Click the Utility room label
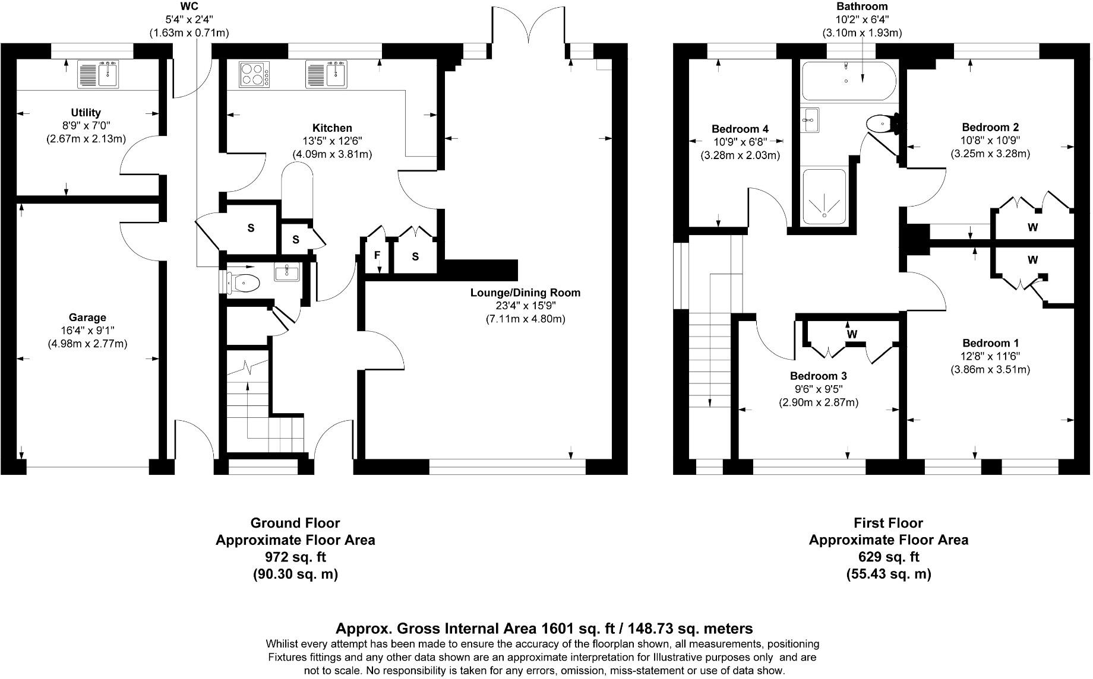[86, 112]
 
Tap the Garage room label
[87, 318]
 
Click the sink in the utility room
[99, 74]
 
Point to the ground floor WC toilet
[243, 283]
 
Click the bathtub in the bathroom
[846, 81]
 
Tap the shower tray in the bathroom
[824, 197]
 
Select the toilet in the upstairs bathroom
[881, 124]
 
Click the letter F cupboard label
[377, 256]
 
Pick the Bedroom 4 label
[740, 129]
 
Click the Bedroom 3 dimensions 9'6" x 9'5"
[818, 389]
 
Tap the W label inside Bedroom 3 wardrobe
[852, 334]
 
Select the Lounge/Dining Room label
[525, 293]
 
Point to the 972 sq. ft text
[295, 557]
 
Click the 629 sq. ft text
[889, 557]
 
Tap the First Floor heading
[889, 523]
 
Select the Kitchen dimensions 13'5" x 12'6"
[332, 141]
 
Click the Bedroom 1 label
[990, 343]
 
